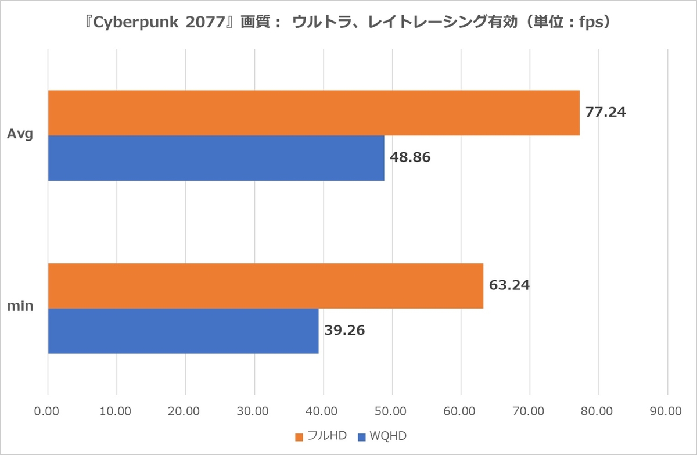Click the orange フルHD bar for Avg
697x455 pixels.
(314, 113)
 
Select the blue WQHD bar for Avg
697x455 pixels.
(216, 158)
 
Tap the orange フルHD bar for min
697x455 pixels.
(265, 285)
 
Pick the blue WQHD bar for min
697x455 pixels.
(183, 331)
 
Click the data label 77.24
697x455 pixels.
(605, 113)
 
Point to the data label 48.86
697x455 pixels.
(410, 157)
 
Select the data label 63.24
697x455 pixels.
(509, 285)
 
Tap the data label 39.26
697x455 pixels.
(344, 331)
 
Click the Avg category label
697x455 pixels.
(20, 135)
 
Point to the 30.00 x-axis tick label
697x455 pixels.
(254, 411)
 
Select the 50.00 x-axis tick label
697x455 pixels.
(391, 411)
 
